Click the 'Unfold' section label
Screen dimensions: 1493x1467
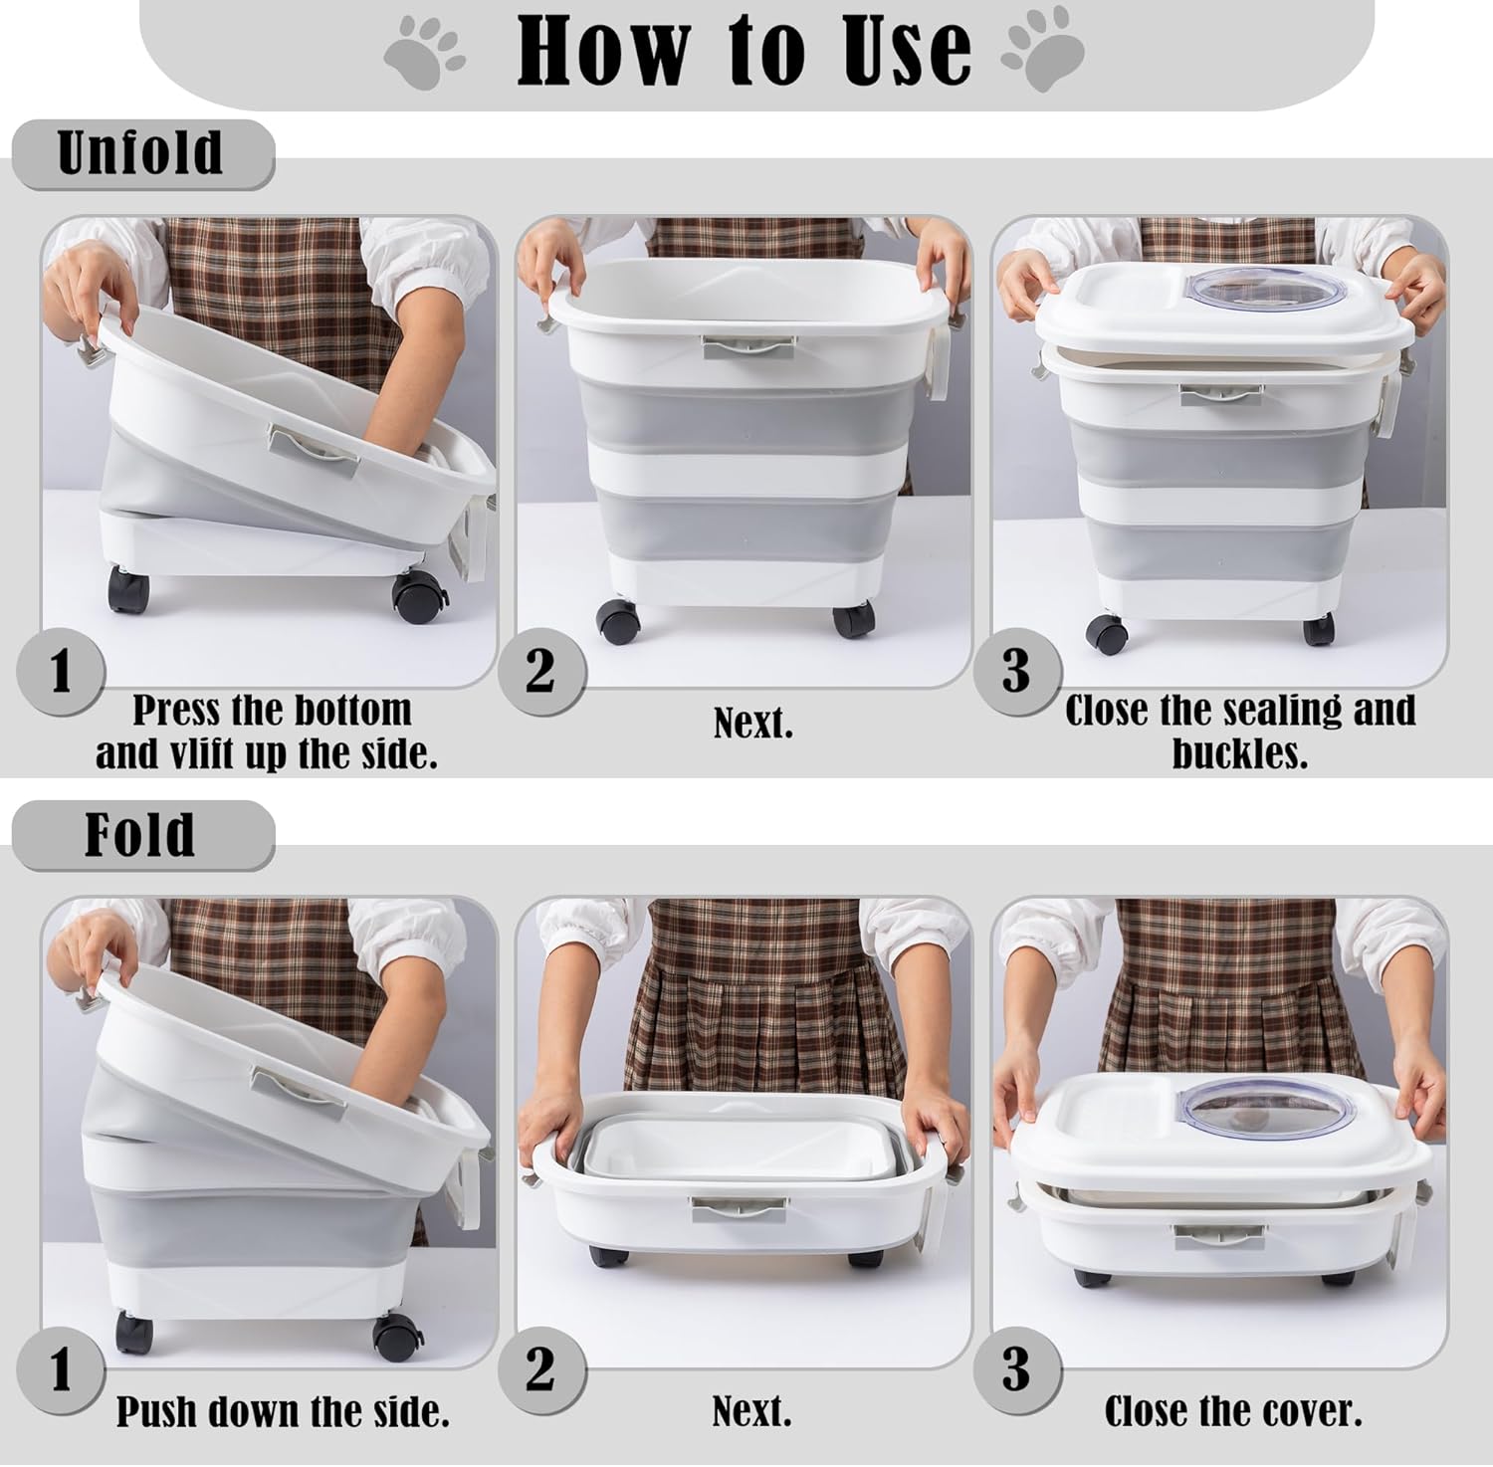click(x=140, y=153)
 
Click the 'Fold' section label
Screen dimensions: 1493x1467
click(x=139, y=835)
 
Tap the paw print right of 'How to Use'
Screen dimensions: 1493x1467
click(x=1042, y=50)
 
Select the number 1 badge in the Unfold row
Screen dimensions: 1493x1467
click(x=61, y=671)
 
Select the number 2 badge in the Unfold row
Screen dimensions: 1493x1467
click(x=539, y=671)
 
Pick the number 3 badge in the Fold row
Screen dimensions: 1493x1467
click(x=1015, y=1370)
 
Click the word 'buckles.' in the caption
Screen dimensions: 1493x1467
click(x=1239, y=753)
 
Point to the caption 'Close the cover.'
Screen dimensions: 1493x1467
click(x=1233, y=1411)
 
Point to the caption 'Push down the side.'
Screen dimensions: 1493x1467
click(x=283, y=1411)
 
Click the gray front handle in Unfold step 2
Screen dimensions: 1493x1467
click(x=748, y=346)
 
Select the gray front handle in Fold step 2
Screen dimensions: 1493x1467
click(x=739, y=1209)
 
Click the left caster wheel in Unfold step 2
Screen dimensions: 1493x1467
click(x=618, y=621)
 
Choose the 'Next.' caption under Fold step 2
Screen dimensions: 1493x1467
click(x=751, y=1411)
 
